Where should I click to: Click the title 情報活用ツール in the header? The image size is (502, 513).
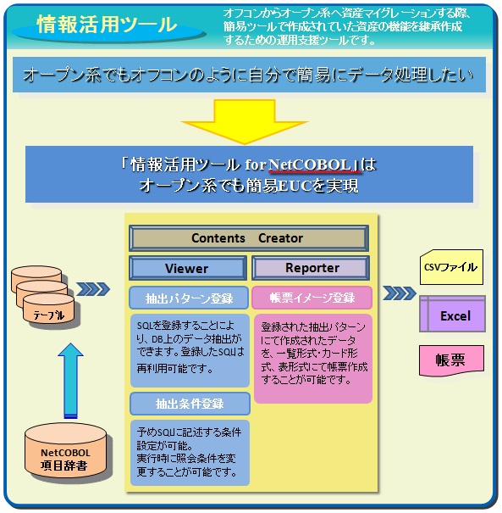[x=107, y=25]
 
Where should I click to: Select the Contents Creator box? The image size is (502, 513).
[x=248, y=238]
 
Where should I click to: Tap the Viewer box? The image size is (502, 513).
[x=187, y=268]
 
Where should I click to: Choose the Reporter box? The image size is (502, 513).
[x=312, y=268]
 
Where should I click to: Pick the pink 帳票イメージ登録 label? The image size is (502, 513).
[x=312, y=298]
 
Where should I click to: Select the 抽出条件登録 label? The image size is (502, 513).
[x=189, y=404]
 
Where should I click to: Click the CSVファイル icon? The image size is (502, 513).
[x=450, y=268]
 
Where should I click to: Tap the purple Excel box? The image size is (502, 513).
[x=455, y=315]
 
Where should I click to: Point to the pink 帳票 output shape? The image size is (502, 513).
[x=450, y=359]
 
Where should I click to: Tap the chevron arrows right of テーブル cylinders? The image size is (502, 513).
[x=95, y=290]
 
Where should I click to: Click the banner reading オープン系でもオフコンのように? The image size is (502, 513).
[x=249, y=75]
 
